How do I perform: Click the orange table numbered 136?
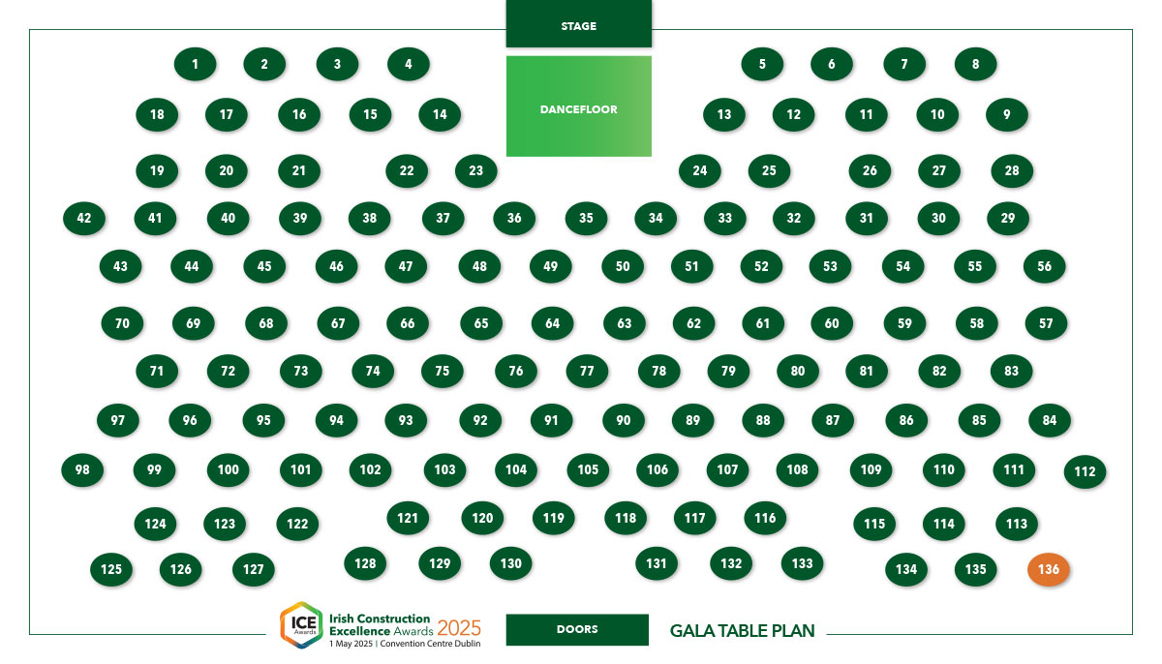pyautogui.click(x=1049, y=569)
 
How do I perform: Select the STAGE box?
pyautogui.click(x=579, y=24)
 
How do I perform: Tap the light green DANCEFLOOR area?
pyautogui.click(x=579, y=106)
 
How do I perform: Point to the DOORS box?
pyautogui.click(x=577, y=629)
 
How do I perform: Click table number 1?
pyautogui.click(x=195, y=64)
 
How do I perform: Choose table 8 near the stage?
pyautogui.click(x=975, y=64)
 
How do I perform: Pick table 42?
pyautogui.click(x=84, y=218)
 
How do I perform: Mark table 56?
pyautogui.click(x=1044, y=266)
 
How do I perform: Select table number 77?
pyautogui.click(x=587, y=371)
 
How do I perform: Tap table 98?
pyautogui.click(x=82, y=470)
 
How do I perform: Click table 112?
pyautogui.click(x=1085, y=471)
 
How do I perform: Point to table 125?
pyautogui.click(x=111, y=569)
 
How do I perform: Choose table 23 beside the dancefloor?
pyautogui.click(x=475, y=171)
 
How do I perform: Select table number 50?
pyautogui.click(x=623, y=266)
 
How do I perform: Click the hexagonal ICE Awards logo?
pyautogui.click(x=301, y=625)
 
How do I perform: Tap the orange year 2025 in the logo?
pyautogui.click(x=459, y=628)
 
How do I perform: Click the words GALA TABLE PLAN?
pyautogui.click(x=743, y=631)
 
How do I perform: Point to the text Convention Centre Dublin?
pyautogui.click(x=430, y=644)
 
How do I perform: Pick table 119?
pyautogui.click(x=554, y=518)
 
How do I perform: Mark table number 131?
pyautogui.click(x=657, y=563)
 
